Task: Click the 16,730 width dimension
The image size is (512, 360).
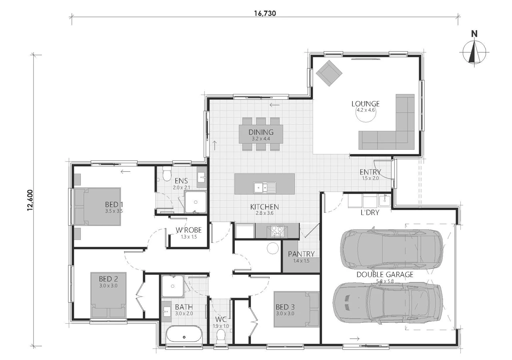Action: [265, 13]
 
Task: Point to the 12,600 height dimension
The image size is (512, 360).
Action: [30, 200]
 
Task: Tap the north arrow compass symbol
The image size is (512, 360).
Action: [474, 52]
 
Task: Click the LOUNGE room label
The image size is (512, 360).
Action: [366, 104]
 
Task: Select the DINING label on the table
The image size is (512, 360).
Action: [261, 132]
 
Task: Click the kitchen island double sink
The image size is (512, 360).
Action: [265, 188]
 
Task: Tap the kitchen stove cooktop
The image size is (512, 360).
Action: [277, 231]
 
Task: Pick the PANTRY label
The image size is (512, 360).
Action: [301, 254]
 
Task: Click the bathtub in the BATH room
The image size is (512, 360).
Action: [184, 335]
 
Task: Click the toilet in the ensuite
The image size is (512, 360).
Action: [167, 173]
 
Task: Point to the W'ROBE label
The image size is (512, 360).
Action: [188, 230]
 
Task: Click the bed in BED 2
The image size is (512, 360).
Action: [108, 295]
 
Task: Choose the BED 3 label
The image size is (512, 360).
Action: [285, 307]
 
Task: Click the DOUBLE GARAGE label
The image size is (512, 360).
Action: [385, 274]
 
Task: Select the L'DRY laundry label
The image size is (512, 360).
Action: [370, 212]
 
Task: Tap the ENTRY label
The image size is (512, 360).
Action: [370, 172]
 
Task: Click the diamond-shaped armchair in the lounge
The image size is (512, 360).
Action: [329, 73]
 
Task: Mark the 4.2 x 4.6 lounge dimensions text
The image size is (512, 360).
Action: [366, 110]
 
